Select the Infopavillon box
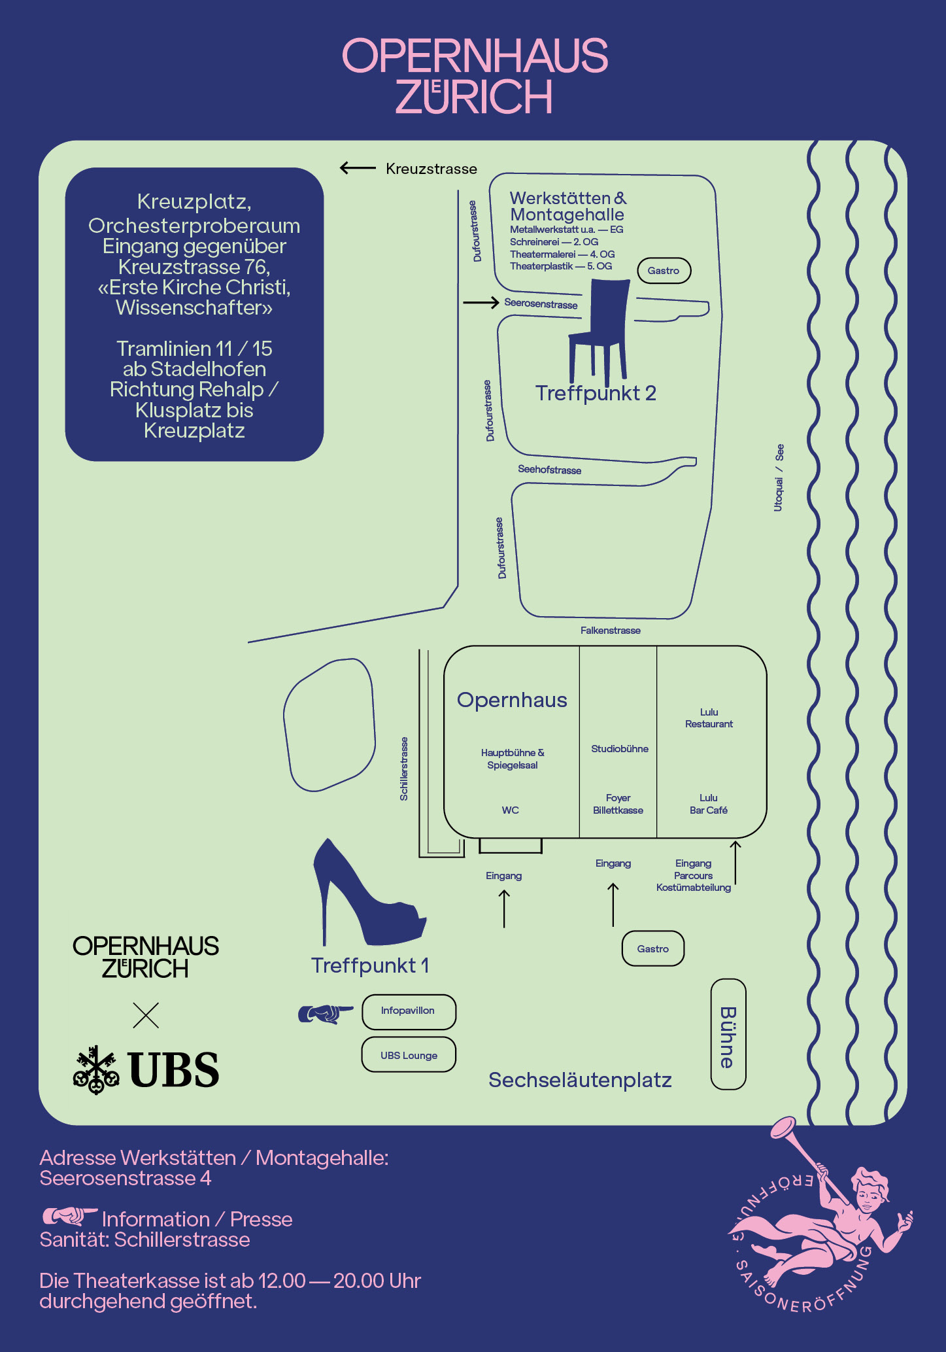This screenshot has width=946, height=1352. click(x=409, y=1011)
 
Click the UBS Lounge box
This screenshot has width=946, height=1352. click(x=409, y=1055)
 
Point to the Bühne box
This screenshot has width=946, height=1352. click(x=728, y=1034)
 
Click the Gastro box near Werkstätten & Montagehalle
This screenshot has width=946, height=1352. click(x=664, y=271)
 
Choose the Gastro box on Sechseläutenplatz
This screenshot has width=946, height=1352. click(x=652, y=948)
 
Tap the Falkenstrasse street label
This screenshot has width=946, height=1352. click(x=610, y=631)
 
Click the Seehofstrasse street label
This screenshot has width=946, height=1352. click(x=549, y=470)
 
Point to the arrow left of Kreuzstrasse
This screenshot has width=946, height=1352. click(x=358, y=169)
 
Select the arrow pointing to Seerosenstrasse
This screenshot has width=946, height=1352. click(x=481, y=303)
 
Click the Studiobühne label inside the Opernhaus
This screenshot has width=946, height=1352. click(x=619, y=749)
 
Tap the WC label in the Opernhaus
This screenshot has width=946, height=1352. click(x=510, y=810)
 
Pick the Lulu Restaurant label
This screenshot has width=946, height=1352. click(x=709, y=718)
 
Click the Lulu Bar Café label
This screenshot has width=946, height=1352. click(x=709, y=804)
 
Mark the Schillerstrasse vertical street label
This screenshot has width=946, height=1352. click(x=404, y=769)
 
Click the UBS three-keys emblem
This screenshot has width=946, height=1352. click(x=96, y=1070)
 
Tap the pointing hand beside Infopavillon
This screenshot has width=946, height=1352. click(x=325, y=1014)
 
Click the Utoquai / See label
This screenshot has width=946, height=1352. click(x=779, y=477)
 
